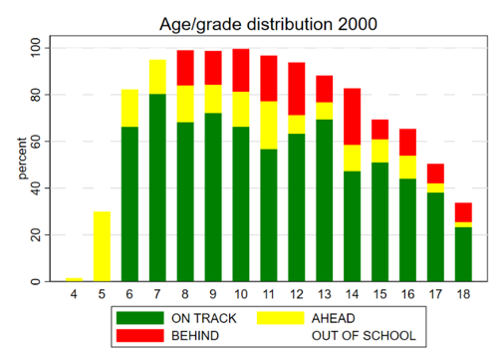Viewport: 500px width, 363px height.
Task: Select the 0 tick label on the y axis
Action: pyautogui.click(x=37, y=282)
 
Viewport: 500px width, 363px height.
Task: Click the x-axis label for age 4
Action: pyautogui.click(x=74, y=296)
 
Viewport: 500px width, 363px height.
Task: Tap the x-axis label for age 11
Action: pyautogui.click(x=267, y=296)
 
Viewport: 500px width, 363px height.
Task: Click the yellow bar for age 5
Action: pyautogui.click(x=102, y=246)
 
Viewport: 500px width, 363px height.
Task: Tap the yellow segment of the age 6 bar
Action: pyautogui.click(x=129, y=108)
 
